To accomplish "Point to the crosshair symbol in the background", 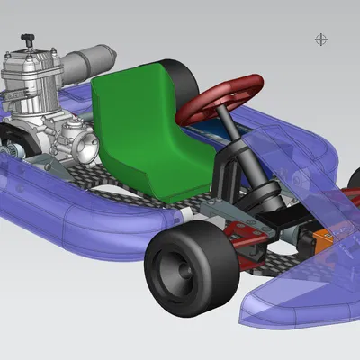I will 321,39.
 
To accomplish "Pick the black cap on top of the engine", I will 29,40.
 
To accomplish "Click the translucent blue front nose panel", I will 297,288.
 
